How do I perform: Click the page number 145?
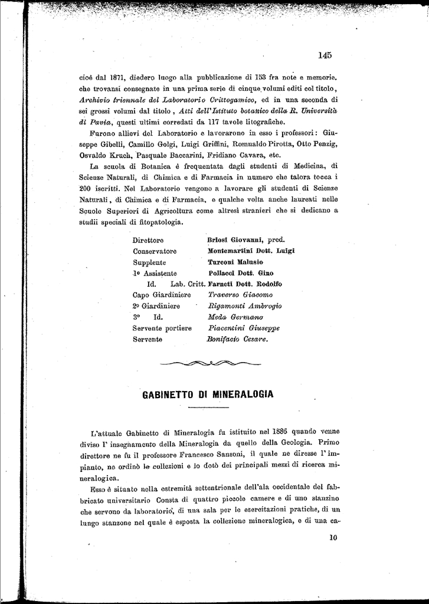click(325, 55)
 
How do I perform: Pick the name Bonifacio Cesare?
click(237, 340)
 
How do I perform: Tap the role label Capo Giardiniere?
click(162, 295)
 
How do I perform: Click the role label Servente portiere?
click(162, 329)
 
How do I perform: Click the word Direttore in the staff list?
click(148, 240)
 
